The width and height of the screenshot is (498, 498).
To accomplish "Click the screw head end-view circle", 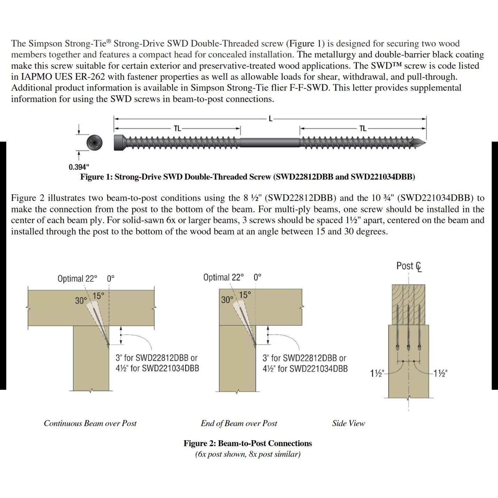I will (x=94, y=143).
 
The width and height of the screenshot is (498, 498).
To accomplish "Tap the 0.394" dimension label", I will (x=79, y=167).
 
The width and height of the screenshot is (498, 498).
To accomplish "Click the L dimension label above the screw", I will (x=270, y=119).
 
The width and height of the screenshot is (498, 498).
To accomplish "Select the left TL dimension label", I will (x=177, y=129).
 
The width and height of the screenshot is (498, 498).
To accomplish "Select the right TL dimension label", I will (x=363, y=129).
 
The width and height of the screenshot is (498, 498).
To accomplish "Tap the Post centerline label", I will (x=409, y=266).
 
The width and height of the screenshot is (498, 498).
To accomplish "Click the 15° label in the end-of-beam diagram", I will (x=245, y=295).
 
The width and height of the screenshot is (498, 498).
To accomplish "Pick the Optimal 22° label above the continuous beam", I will (x=77, y=279).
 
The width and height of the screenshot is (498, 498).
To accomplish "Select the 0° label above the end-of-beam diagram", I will (x=258, y=277).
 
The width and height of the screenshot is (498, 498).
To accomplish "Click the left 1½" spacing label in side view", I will (x=377, y=374).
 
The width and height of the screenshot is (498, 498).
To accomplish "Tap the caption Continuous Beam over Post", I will (x=90, y=424).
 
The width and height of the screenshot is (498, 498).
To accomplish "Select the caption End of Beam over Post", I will (x=239, y=424).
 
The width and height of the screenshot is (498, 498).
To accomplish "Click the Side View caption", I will (x=348, y=424).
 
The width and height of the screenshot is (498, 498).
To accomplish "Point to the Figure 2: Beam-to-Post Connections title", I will (x=248, y=443).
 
